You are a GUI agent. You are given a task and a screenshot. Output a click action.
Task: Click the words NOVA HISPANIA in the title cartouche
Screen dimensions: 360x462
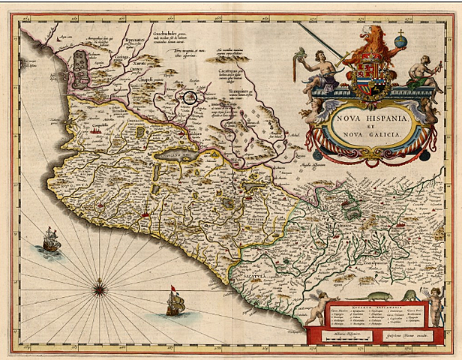(x=371, y=118)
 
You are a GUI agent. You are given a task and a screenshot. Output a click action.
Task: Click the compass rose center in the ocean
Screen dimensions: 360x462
(x=100, y=286)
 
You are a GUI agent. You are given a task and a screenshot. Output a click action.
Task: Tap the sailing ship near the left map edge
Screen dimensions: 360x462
(x=51, y=240)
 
